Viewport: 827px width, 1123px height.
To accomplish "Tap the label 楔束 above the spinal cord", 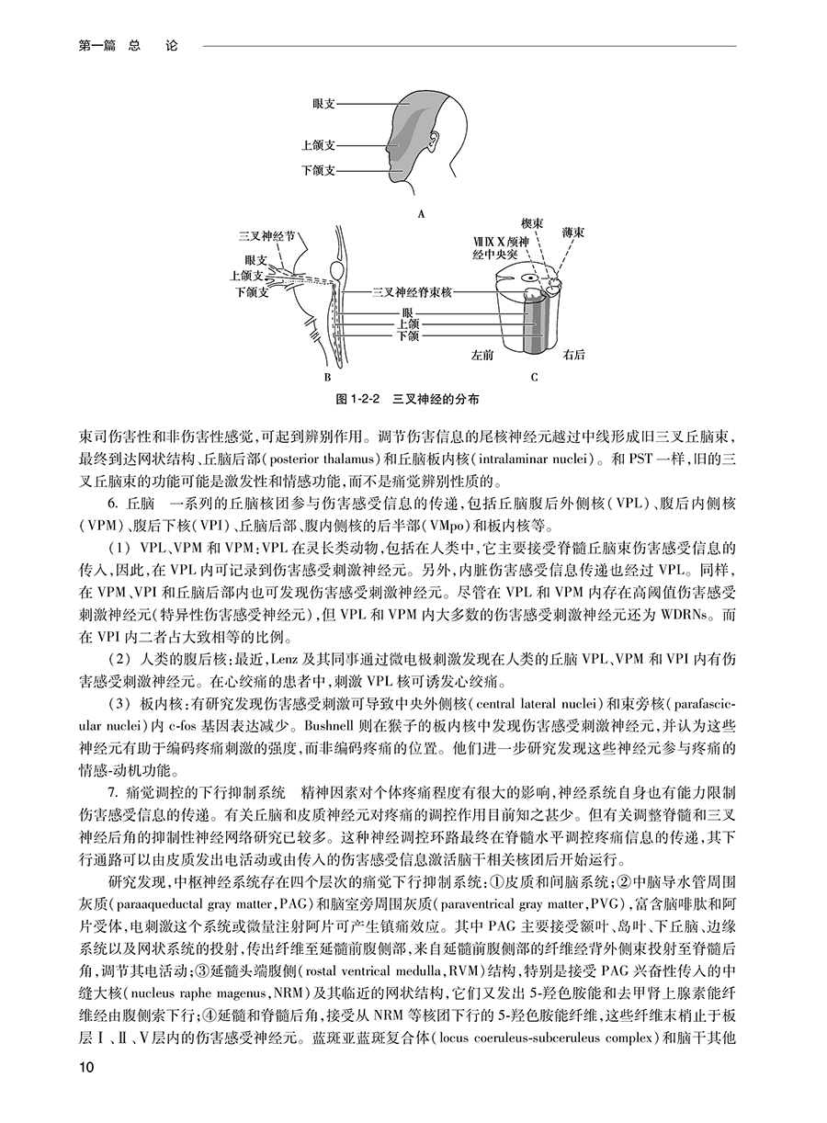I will coord(534,223).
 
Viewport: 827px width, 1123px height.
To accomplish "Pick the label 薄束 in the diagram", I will coord(573,233).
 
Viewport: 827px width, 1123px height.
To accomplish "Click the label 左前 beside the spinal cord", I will coord(482,353).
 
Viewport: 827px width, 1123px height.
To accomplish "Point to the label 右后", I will coord(575,353).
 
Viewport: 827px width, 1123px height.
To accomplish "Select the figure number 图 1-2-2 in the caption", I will coord(359,401).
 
